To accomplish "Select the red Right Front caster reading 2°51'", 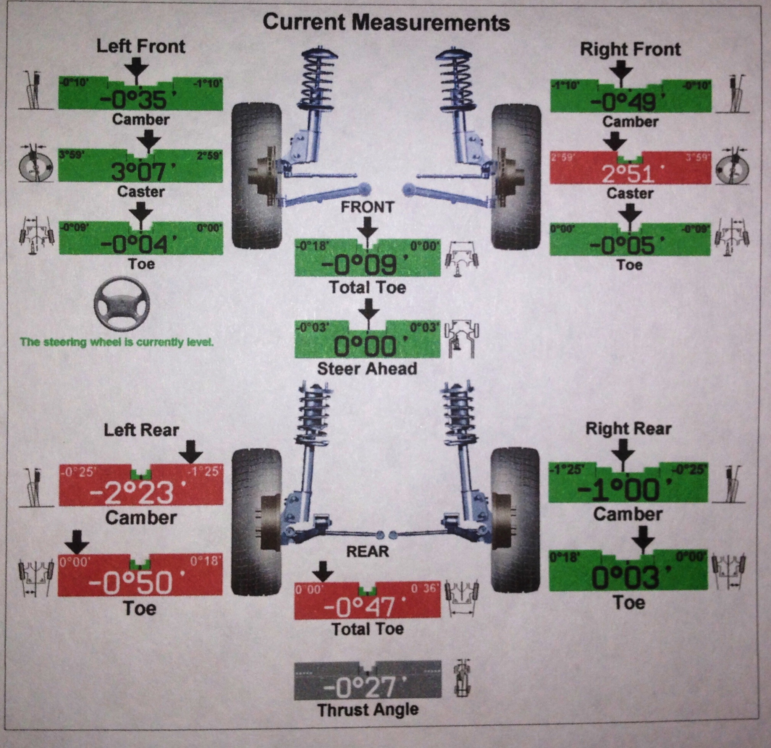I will pyautogui.click(x=628, y=174).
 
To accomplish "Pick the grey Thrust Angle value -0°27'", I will pyautogui.click(x=360, y=686).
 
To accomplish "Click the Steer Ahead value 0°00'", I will pyautogui.click(x=365, y=346).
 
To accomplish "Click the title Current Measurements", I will pyautogui.click(x=386, y=23).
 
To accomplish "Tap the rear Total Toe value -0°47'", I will pyautogui.click(x=358, y=606).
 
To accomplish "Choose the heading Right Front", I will pyautogui.click(x=630, y=50).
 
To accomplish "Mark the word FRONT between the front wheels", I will pyautogui.click(x=367, y=207).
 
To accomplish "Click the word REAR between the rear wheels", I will pyautogui.click(x=367, y=551).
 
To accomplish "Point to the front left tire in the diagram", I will pyautogui.click(x=256, y=175).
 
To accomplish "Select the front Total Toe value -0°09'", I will pyautogui.click(x=359, y=265).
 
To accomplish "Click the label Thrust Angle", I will pyautogui.click(x=368, y=710).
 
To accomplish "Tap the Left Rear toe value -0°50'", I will pyautogui.click(x=130, y=583).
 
